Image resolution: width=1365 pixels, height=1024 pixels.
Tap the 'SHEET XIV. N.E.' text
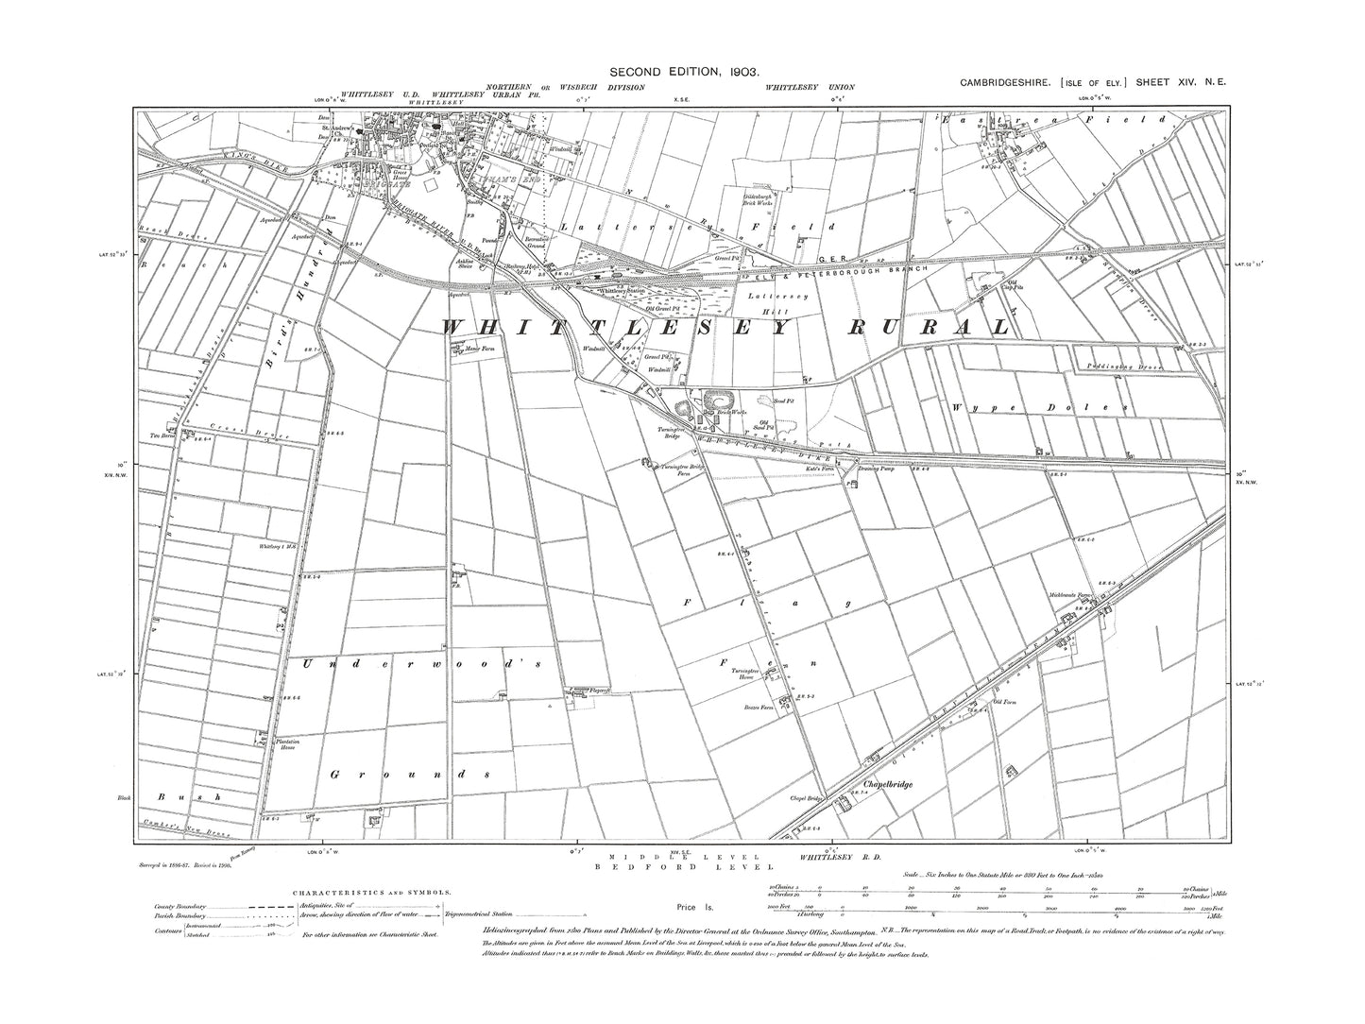click(x=1182, y=83)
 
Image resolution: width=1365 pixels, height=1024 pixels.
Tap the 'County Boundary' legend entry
click(x=179, y=906)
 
